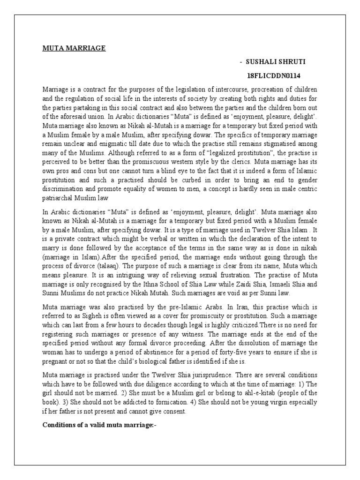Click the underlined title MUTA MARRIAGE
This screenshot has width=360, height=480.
point(74,48)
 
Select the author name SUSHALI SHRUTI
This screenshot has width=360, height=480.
point(271,62)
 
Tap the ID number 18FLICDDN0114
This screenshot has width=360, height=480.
point(274,75)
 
